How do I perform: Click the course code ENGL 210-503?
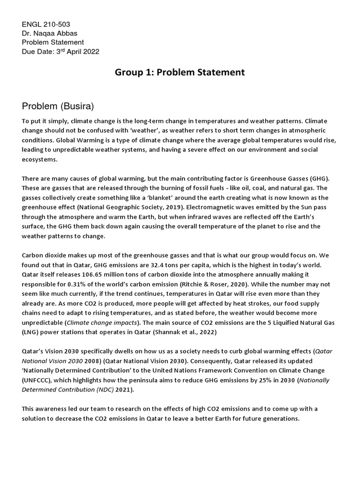[46, 24]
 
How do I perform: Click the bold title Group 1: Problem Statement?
[180, 73]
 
